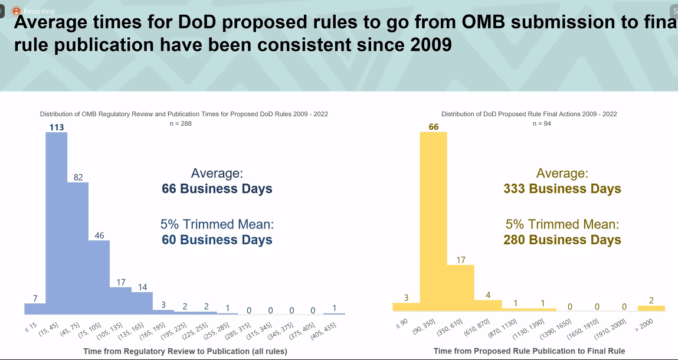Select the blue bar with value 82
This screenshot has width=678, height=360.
click(x=78, y=248)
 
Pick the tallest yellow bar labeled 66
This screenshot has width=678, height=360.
click(x=433, y=221)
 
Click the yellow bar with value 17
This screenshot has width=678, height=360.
click(x=460, y=287)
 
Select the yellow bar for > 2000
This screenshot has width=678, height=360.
click(x=651, y=308)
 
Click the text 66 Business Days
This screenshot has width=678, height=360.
click(x=217, y=189)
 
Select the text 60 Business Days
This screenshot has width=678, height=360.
click(x=217, y=240)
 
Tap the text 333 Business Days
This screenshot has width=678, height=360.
click(x=562, y=189)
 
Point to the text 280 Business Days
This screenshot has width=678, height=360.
click(x=562, y=240)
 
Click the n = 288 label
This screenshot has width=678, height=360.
click(x=181, y=123)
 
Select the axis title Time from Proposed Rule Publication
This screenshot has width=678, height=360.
click(x=529, y=351)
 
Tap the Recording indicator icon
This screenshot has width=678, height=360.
click(x=16, y=11)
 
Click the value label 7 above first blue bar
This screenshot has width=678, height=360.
click(x=35, y=299)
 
